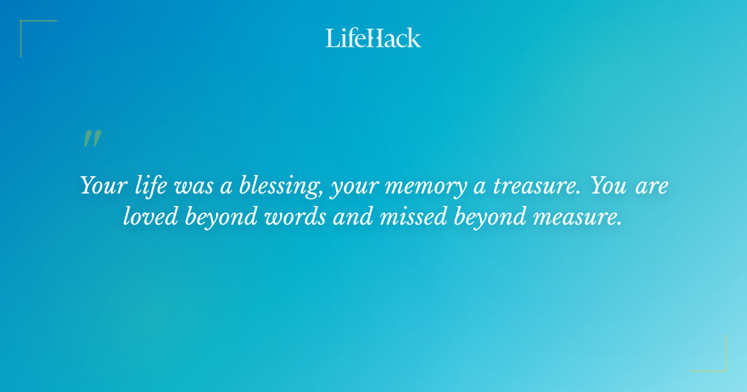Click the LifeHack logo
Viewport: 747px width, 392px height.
tap(374, 38)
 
